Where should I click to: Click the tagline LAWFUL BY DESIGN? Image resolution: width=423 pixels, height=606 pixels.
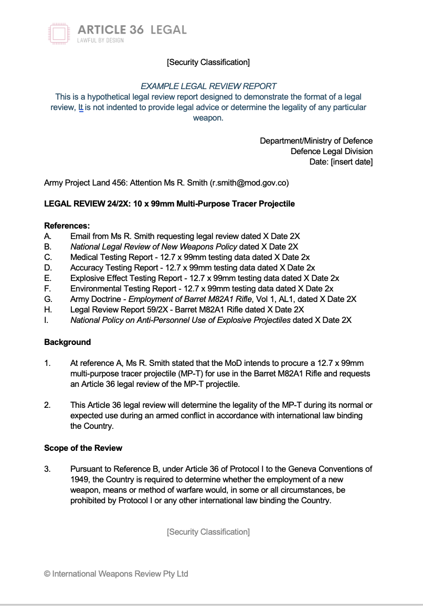click(100, 41)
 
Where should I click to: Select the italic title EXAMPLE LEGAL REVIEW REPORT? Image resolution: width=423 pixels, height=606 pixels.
click(208, 86)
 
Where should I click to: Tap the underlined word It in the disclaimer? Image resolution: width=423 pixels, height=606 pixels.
click(81, 107)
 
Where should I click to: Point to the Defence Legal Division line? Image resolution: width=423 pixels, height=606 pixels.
click(332, 151)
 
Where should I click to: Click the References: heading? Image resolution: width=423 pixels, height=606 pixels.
click(67, 225)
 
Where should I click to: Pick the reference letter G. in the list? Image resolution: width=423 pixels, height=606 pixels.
click(48, 299)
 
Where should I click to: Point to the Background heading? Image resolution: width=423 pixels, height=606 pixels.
click(67, 342)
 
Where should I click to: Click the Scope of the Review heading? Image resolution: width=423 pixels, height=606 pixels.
click(83, 448)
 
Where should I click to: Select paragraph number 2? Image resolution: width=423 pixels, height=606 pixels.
click(47, 406)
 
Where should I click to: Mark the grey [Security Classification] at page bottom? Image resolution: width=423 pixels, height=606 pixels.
click(208, 532)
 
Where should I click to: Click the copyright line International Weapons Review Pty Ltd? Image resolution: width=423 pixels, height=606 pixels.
click(116, 574)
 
